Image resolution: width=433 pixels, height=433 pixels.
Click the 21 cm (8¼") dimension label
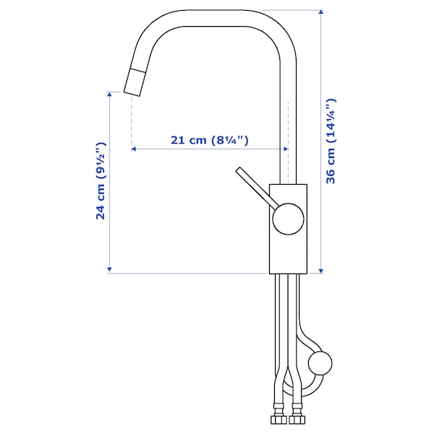click(209, 140)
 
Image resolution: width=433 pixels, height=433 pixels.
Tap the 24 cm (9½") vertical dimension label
click(101, 181)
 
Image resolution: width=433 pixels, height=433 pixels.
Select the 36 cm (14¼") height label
click(331, 141)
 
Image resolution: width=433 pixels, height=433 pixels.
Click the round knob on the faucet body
click(288, 219)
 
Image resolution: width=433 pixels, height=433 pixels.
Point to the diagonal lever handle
click(258, 187)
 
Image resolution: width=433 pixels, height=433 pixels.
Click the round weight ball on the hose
click(320, 363)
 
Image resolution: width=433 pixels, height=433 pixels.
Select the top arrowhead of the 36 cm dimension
click(320, 12)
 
